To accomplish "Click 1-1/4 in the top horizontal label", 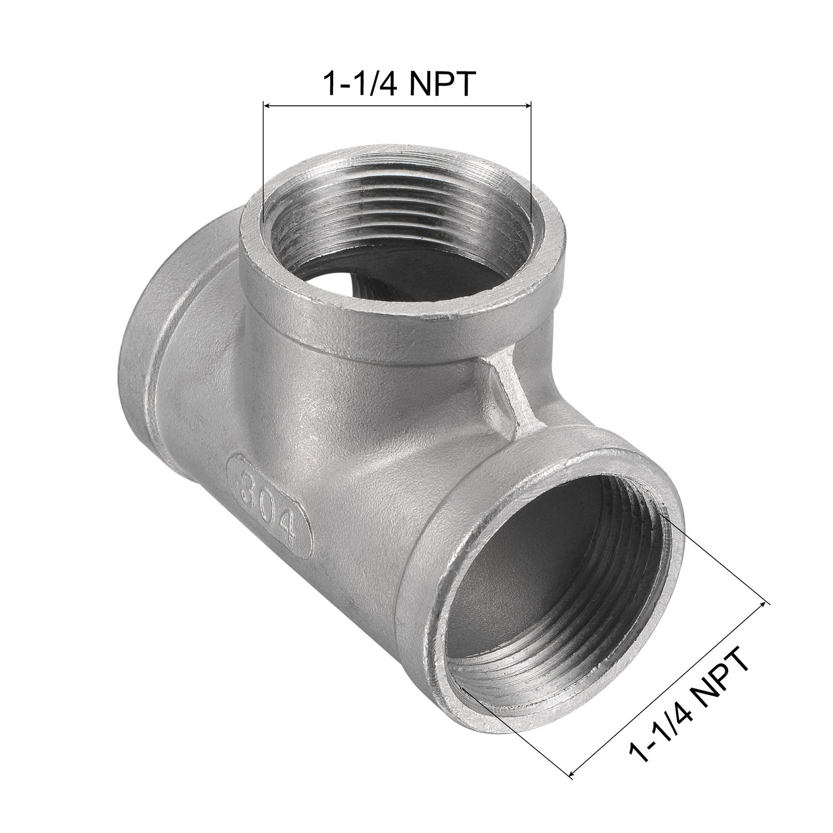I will (358, 84).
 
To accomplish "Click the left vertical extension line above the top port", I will (262, 161).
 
